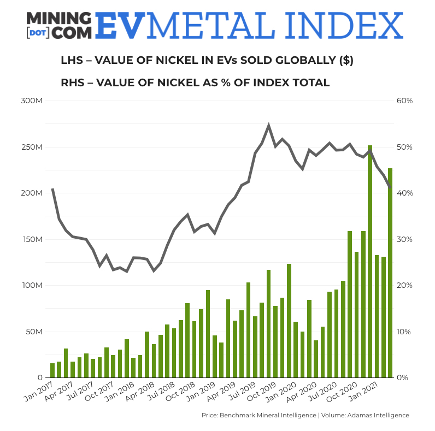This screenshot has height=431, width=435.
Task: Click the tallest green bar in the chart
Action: [370, 262]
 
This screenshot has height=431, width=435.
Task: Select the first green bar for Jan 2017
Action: [52, 370]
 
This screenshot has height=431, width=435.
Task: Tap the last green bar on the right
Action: [390, 273]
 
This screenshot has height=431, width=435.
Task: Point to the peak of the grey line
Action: [268, 126]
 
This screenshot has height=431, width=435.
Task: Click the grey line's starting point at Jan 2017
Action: [52, 189]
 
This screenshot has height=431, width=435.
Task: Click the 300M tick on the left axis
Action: [33, 101]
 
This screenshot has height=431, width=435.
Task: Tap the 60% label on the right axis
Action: [404, 101]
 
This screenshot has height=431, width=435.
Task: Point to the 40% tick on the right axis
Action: [404, 193]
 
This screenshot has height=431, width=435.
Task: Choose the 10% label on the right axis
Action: [404, 332]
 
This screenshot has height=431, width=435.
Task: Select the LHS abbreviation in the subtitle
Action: [72, 61]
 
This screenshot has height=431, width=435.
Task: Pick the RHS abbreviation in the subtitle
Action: [72, 83]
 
